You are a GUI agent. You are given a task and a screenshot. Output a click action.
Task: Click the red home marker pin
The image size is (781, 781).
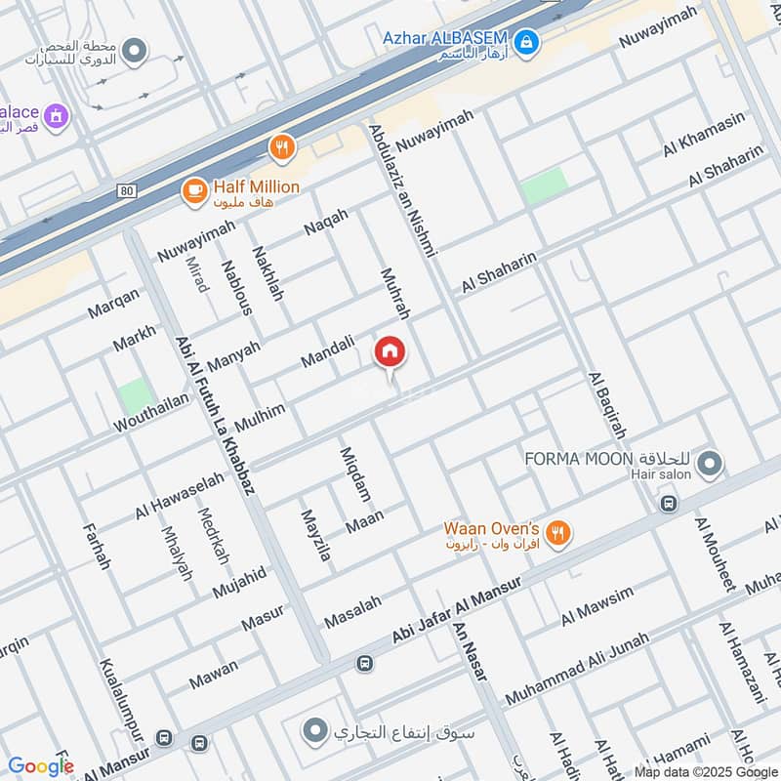click(x=390, y=352)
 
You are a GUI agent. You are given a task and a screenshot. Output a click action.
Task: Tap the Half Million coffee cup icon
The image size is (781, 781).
click(x=194, y=189)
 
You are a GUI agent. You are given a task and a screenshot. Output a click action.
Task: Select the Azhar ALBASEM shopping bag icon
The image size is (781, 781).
click(x=526, y=42)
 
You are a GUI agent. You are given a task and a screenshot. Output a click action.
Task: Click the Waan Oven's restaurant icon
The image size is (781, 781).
click(x=557, y=532)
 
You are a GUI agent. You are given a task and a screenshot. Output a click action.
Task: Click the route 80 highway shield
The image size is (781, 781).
click(x=127, y=190)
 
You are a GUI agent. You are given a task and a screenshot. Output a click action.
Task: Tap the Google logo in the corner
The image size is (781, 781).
click(x=40, y=766)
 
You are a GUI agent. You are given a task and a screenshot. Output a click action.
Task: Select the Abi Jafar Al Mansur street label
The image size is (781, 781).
click(x=458, y=607)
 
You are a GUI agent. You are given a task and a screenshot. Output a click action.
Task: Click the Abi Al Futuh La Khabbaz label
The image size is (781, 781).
click(x=215, y=416)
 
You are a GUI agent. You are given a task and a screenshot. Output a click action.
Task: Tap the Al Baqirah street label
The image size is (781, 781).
click(x=606, y=405)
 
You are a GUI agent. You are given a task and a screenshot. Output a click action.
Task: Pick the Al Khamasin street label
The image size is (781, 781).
click(x=703, y=134)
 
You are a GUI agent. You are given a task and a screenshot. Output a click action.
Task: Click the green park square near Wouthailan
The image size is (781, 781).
click(x=136, y=394)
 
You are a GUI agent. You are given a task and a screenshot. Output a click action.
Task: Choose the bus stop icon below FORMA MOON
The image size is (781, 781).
click(x=669, y=504)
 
